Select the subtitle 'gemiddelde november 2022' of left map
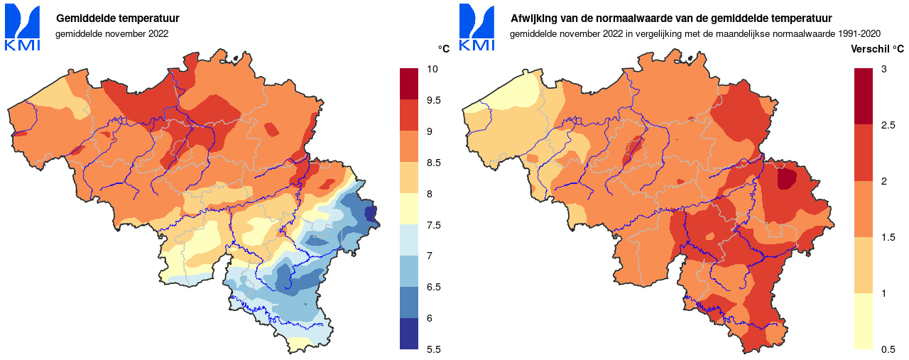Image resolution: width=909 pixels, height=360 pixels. tap(111, 33)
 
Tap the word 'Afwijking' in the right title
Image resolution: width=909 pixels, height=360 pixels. tap(533, 18)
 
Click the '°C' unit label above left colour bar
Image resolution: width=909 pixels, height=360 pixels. tap(443, 49)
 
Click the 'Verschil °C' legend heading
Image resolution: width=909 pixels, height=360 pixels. tap(877, 49)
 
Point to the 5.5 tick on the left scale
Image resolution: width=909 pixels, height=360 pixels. tap(434, 349)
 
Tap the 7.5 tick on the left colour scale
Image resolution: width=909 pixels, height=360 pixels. tap(434, 225)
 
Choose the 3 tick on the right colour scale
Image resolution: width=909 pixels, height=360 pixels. tap(883, 70)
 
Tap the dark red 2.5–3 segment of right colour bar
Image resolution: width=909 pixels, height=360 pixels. tap(864, 97)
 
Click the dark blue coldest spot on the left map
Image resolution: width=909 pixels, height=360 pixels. tap(370, 213)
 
